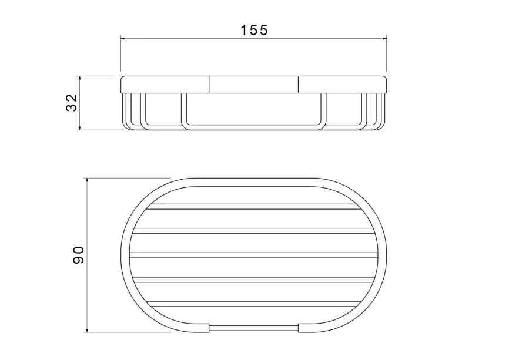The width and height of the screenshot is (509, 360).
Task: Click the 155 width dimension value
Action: coord(254,30)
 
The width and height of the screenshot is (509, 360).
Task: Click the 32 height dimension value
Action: coord(72,103)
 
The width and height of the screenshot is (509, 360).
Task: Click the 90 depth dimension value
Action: coord(78,255)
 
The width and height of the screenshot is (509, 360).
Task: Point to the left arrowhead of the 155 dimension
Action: coord(123,39)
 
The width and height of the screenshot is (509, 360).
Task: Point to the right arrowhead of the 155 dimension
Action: coord(384,39)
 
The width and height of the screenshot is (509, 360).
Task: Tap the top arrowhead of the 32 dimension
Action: coord(80,79)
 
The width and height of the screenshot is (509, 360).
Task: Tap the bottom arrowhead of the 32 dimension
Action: coord(80,127)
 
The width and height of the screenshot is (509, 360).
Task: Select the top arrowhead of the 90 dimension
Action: coord(86,181)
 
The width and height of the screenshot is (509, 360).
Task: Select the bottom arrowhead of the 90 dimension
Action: coord(86,329)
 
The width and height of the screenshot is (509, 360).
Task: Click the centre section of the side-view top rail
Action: coord(253,85)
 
